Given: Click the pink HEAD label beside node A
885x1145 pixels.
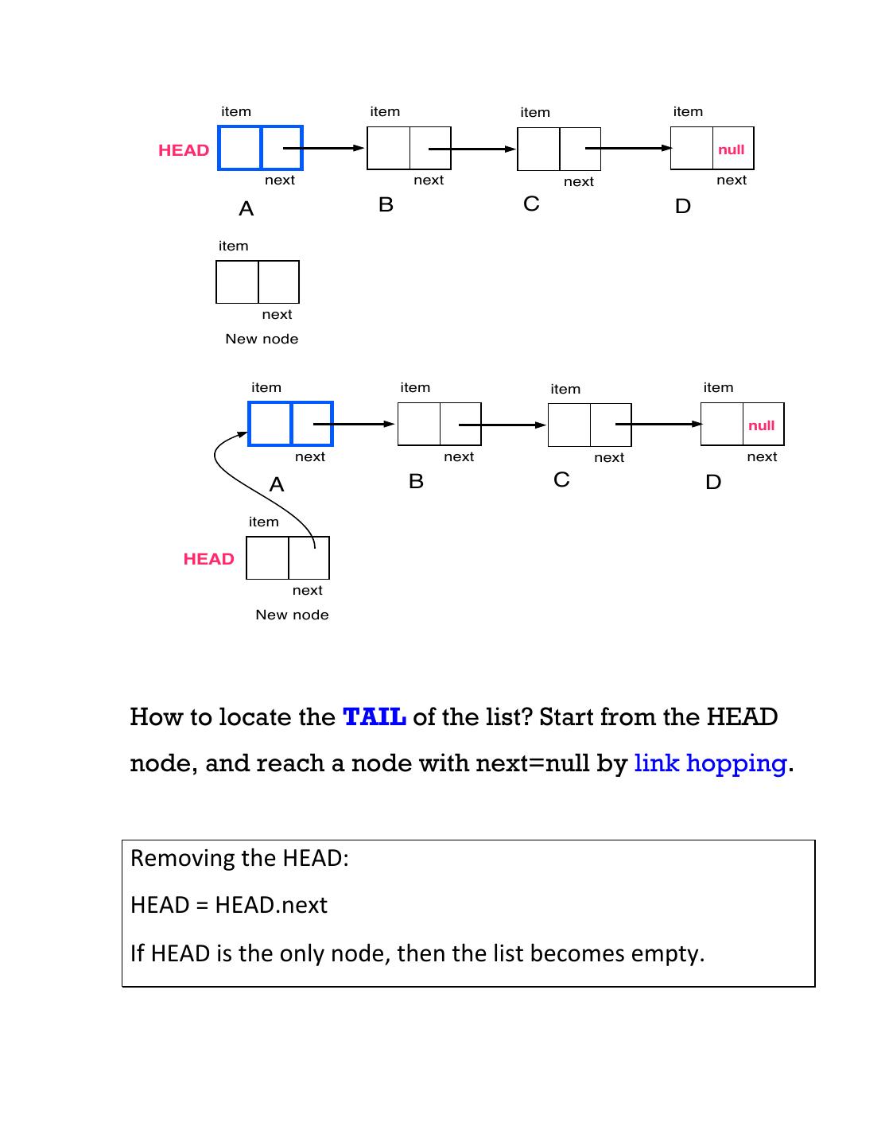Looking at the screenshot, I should (184, 150).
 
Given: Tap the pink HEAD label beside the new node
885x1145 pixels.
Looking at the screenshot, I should (208, 559).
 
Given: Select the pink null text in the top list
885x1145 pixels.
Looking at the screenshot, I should (731, 149).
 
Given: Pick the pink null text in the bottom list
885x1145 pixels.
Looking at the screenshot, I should (761, 425).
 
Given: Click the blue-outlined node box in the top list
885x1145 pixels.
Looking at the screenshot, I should (260, 148).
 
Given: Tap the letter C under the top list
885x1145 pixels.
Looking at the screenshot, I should (531, 204).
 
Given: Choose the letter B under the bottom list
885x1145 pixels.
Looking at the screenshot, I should (416, 481).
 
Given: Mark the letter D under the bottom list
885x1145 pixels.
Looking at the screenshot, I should (713, 482).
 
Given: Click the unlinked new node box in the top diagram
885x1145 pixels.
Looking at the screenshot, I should (257, 281).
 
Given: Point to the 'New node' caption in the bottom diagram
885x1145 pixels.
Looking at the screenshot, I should (292, 615).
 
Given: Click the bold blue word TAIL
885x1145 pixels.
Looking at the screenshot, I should (375, 716).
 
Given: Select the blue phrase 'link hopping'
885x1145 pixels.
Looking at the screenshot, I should (710, 763).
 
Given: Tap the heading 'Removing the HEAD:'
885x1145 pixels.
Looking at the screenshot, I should (239, 858).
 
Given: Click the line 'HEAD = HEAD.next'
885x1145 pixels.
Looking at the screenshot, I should (229, 905).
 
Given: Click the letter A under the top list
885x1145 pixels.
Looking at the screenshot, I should (246, 208).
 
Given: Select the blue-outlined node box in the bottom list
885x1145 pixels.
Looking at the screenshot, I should (290, 424).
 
